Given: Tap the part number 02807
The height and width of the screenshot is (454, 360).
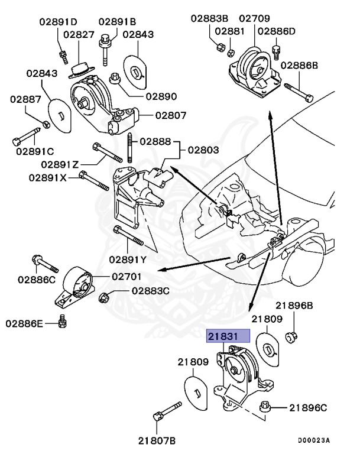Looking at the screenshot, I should (171, 116).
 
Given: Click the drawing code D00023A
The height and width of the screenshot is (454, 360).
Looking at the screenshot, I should (314, 440).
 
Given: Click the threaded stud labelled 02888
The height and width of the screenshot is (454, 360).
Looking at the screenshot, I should (128, 148).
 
